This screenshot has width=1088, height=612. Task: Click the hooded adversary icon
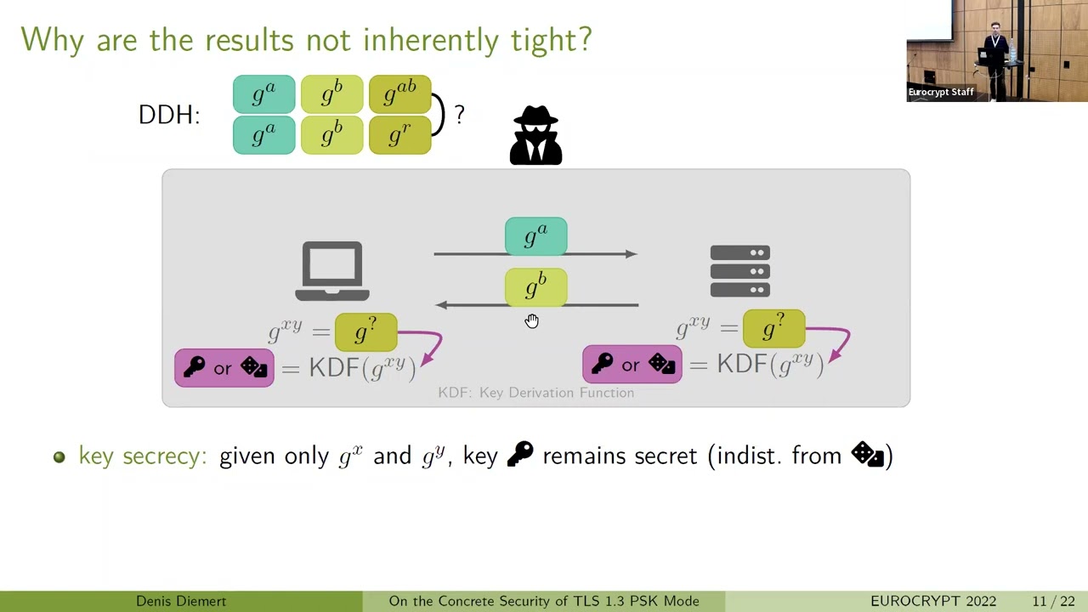coord(535,135)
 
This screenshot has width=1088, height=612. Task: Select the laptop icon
coord(332,271)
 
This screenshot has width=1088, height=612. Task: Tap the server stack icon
coord(739,271)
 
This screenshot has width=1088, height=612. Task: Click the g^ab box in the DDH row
coord(400,94)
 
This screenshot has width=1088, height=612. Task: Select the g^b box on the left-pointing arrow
coord(535,287)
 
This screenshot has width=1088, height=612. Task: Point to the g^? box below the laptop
coord(365,331)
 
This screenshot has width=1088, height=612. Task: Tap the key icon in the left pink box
coord(195,367)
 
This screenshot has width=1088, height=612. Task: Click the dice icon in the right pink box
coord(661,365)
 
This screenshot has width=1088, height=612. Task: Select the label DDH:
coord(169,115)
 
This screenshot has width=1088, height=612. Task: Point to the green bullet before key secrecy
coord(59,456)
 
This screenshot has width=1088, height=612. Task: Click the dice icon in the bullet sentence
coord(868,455)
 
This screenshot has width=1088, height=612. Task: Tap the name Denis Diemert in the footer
coord(181,601)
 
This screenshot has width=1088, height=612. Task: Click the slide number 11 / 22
coord(1053,601)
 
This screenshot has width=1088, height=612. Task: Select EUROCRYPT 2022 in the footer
coord(933,601)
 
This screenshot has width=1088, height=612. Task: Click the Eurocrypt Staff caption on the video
coord(940,92)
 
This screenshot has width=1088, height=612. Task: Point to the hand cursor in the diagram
coord(531,320)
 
